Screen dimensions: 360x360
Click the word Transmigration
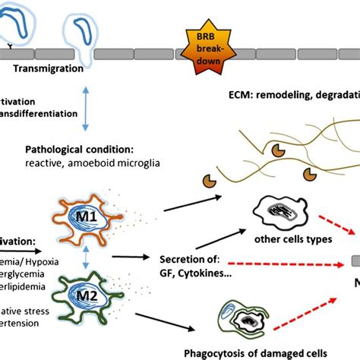click(x=47, y=67)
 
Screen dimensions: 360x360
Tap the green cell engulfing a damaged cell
click(x=241, y=318)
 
